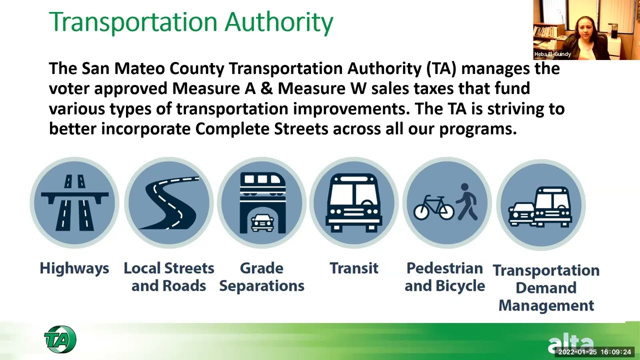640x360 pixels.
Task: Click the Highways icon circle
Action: tap(74, 202)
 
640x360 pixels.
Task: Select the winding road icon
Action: tap(169, 202)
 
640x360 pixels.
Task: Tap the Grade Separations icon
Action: tap(262, 202)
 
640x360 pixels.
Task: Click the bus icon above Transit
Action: tap(354, 202)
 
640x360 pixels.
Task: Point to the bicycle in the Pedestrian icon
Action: tap(433, 207)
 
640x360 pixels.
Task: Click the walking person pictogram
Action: tap(467, 201)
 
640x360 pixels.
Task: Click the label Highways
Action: tap(74, 268)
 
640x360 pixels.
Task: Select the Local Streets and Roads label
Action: tap(169, 277)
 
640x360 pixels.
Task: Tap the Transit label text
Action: tap(354, 268)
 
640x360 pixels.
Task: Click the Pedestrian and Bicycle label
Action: tap(444, 277)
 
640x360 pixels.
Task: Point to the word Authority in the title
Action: tap(279, 22)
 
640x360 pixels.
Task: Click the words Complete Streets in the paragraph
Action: tap(261, 129)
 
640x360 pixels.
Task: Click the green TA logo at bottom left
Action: tap(60, 339)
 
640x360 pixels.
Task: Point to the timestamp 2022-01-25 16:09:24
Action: tap(594, 352)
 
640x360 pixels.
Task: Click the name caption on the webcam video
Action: tap(552, 54)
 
